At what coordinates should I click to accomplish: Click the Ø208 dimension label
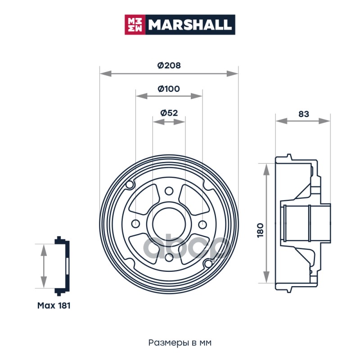point(169,65)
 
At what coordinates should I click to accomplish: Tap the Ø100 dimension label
point(169,89)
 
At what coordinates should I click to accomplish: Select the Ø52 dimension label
point(169,113)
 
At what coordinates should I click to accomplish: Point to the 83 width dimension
point(303,114)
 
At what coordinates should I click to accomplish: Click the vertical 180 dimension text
point(261,230)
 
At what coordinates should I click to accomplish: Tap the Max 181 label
point(54,306)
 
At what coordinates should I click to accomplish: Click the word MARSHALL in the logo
point(189,25)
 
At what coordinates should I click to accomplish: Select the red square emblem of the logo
point(135,25)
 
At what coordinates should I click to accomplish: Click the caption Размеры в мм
point(180,343)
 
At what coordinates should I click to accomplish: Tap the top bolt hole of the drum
point(169,190)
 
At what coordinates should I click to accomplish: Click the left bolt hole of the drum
point(135,224)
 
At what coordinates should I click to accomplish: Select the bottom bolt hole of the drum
point(169,257)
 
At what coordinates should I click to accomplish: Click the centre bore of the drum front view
point(169,224)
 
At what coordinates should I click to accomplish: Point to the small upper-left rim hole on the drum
point(130,184)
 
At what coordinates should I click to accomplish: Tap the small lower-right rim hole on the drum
point(208,264)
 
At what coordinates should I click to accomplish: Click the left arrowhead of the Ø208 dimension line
point(106,73)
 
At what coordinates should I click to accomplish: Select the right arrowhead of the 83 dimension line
point(324,121)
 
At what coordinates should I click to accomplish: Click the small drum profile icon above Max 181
point(62,266)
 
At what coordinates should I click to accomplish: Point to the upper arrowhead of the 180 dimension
point(266,170)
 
